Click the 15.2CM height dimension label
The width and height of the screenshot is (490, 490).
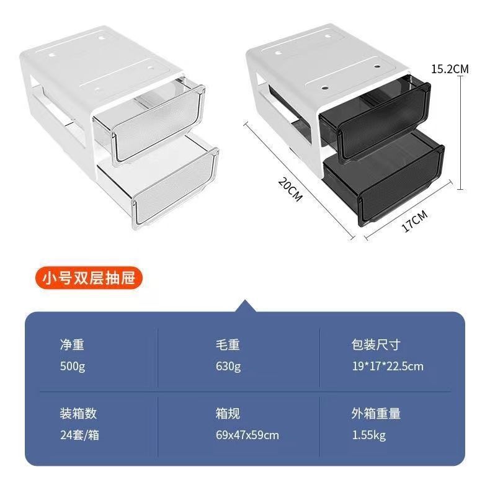[450, 69]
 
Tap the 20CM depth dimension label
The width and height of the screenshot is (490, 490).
[291, 189]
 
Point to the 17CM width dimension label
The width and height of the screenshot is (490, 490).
[415, 221]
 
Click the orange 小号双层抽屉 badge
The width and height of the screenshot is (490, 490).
[89, 277]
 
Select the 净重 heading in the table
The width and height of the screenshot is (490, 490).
[72, 345]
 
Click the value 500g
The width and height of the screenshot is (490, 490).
[73, 366]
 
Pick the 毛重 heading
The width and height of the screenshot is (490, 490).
[228, 345]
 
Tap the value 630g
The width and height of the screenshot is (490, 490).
[228, 366]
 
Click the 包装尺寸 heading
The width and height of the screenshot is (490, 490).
[376, 345]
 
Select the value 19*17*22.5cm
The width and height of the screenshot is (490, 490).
[388, 366]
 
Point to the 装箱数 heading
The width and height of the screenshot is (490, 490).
[78, 414]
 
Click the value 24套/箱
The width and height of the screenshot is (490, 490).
[79, 435]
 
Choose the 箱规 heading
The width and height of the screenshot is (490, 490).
[228, 414]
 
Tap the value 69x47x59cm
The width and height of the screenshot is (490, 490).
[247, 435]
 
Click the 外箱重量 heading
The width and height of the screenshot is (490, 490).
[376, 414]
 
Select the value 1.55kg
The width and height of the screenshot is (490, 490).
[369, 435]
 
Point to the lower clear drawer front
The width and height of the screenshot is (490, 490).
[176, 189]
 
